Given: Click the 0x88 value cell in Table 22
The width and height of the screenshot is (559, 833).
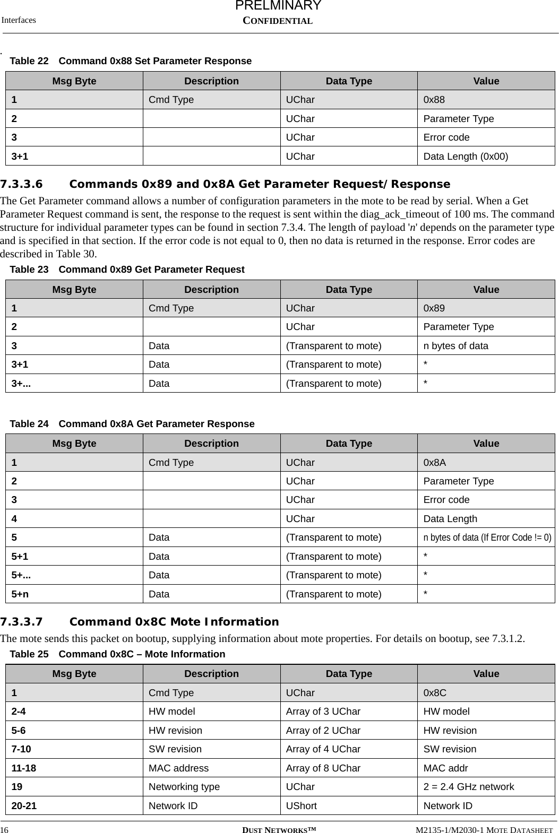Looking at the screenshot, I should [434, 100].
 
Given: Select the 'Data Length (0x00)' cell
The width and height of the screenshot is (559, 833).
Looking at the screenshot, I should [465, 157].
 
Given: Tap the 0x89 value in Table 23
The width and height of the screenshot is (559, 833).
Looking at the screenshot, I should [434, 308].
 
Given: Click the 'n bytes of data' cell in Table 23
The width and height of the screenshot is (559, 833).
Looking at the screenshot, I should [455, 346].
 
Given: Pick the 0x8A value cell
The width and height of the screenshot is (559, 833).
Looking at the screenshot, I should [434, 463].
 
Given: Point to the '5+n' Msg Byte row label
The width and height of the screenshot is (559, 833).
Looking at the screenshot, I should [20, 594].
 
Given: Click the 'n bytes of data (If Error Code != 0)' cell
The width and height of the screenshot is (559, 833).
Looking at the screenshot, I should [487, 537].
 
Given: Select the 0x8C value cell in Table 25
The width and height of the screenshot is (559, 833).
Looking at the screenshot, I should [434, 693].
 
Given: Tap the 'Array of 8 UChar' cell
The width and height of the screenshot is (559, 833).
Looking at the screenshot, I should [323, 768].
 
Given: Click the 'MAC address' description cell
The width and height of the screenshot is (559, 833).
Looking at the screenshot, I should [178, 768].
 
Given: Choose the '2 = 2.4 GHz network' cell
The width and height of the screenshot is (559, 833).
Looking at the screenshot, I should [468, 787].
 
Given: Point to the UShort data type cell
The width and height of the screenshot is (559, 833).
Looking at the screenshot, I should [301, 806].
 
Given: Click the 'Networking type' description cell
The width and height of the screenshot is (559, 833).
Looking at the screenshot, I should [184, 787].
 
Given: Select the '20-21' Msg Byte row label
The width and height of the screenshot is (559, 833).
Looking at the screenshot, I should [24, 806].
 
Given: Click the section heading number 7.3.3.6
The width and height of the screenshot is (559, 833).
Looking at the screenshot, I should [21, 185].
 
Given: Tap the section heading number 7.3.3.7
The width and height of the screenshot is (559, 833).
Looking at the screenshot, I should [21, 622].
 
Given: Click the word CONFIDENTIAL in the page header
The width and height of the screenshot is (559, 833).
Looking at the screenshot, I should [278, 21].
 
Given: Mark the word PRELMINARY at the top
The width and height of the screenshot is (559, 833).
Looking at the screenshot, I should [278, 6].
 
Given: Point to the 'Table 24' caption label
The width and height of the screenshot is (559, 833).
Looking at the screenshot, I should [29, 424].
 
